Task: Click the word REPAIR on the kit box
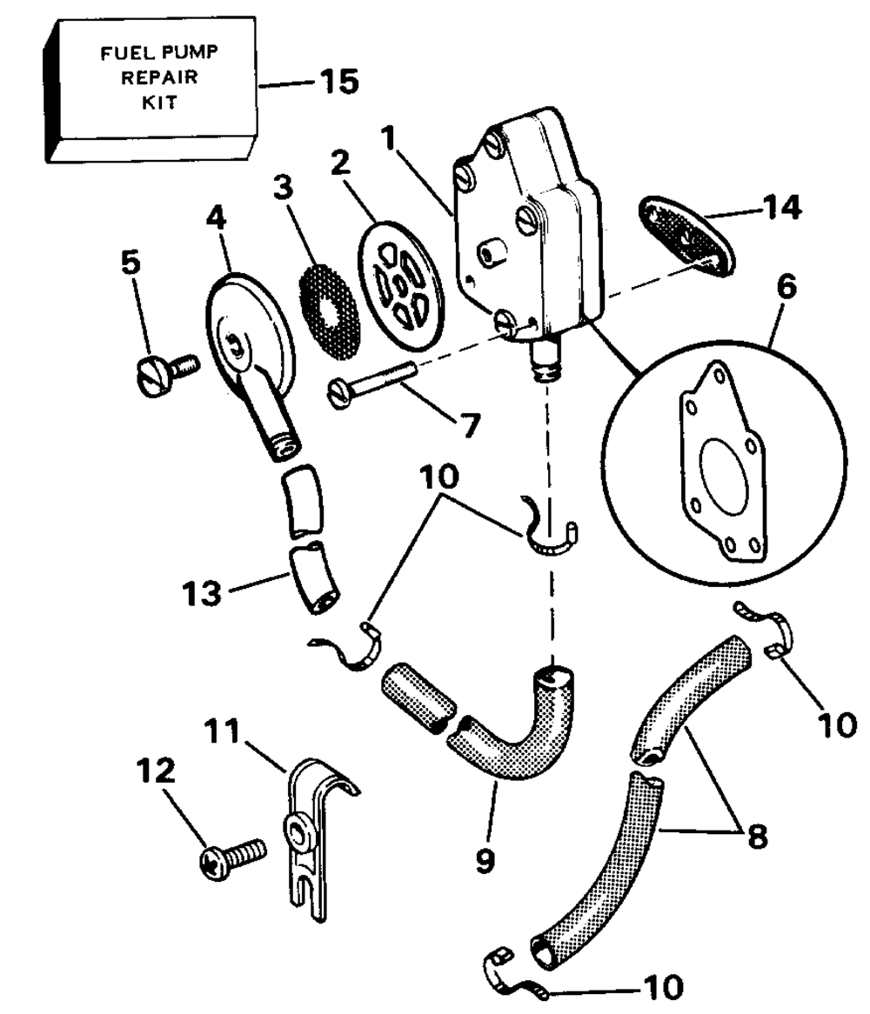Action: tap(159, 77)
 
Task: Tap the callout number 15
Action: tap(339, 82)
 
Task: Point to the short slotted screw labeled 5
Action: tap(167, 375)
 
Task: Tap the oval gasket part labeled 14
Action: tap(686, 236)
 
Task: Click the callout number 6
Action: tap(786, 286)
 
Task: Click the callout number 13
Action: tap(201, 593)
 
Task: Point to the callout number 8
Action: tap(757, 837)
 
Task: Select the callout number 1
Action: tap(388, 137)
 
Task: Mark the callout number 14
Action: tap(781, 207)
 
